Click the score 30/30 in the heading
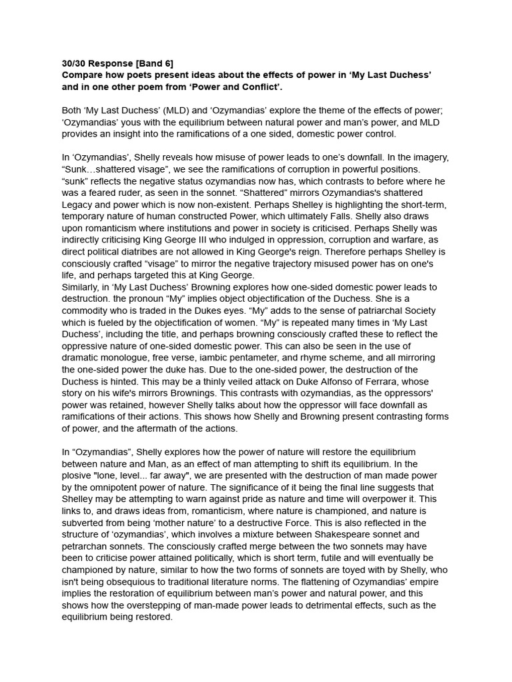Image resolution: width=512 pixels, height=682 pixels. click(x=75, y=63)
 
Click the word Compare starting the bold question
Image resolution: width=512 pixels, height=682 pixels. click(x=83, y=75)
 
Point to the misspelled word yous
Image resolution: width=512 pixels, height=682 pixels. click(x=139, y=123)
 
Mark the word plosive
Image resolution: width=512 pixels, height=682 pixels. click(x=78, y=476)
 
